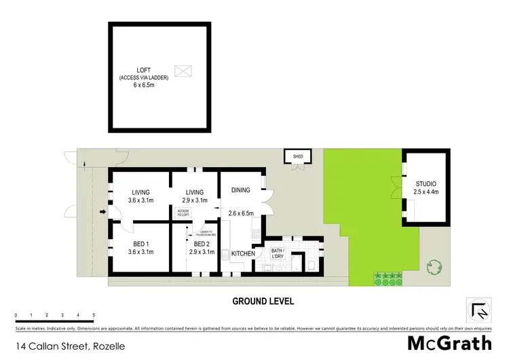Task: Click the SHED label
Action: (x=297, y=156)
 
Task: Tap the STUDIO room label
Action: (x=426, y=184)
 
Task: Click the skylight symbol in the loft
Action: (x=183, y=70)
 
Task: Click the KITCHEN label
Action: (x=243, y=253)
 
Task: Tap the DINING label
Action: (x=241, y=191)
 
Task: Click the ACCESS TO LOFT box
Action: (x=183, y=213)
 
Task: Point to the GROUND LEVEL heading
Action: (x=263, y=301)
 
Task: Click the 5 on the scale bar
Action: (x=93, y=315)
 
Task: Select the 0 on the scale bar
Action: (x=16, y=315)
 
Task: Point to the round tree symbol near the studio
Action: (x=432, y=267)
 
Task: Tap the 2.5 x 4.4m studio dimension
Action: (x=426, y=193)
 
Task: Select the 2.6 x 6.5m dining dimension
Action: (x=242, y=213)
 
